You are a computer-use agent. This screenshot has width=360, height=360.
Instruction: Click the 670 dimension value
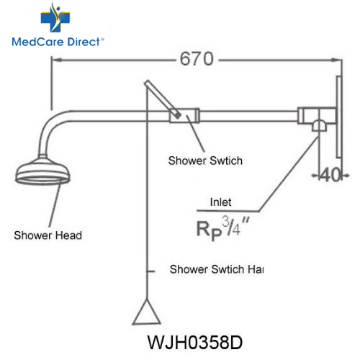point(197,59)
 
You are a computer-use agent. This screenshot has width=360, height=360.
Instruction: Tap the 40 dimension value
point(330,175)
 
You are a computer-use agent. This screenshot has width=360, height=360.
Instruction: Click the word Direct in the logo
point(84,42)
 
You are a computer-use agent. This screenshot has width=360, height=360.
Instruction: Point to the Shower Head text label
point(48,235)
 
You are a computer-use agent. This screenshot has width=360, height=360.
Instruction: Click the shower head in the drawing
point(42,171)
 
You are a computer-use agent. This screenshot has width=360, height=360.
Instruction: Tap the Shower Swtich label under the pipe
point(205,161)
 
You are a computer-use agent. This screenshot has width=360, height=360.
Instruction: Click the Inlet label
point(220,202)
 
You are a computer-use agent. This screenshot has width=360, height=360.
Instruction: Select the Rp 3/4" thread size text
point(222,228)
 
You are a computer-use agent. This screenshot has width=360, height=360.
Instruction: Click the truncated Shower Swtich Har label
point(217,269)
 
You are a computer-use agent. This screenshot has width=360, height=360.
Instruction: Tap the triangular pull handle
point(146,312)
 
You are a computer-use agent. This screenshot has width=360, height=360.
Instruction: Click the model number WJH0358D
point(195,343)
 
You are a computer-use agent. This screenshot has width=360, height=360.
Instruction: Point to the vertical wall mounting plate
point(339,117)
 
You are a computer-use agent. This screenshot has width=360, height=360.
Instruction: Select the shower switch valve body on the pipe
point(184,115)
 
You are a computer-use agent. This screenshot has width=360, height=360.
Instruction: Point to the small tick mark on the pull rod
point(151,271)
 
